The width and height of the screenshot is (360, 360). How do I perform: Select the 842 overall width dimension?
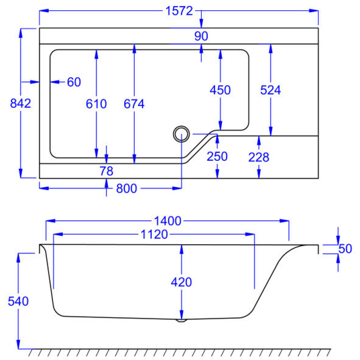tap(20, 104)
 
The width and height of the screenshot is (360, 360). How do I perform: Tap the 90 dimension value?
tap(201, 36)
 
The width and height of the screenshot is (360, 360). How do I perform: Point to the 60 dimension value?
tap(74, 82)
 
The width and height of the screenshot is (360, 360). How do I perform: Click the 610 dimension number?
tap(96, 104)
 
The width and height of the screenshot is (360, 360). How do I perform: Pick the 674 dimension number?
tap(134, 104)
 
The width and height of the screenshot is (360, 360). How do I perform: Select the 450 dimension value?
tap(220, 90)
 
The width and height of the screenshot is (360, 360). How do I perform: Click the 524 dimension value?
tap(270, 90)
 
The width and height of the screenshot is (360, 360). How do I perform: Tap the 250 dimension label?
tap(217, 157)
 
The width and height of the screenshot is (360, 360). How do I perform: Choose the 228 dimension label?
tap(259, 157)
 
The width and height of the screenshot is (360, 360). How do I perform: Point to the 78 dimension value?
tap(106, 171)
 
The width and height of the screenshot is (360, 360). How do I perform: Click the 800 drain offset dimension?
tap(126, 189)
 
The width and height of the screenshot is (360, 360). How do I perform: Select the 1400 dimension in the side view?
tap(167, 221)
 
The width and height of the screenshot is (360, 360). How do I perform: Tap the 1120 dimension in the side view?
tap(154, 235)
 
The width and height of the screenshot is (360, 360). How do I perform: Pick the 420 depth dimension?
tap(181, 282)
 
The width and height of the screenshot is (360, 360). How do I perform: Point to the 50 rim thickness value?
tap(345, 248)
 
